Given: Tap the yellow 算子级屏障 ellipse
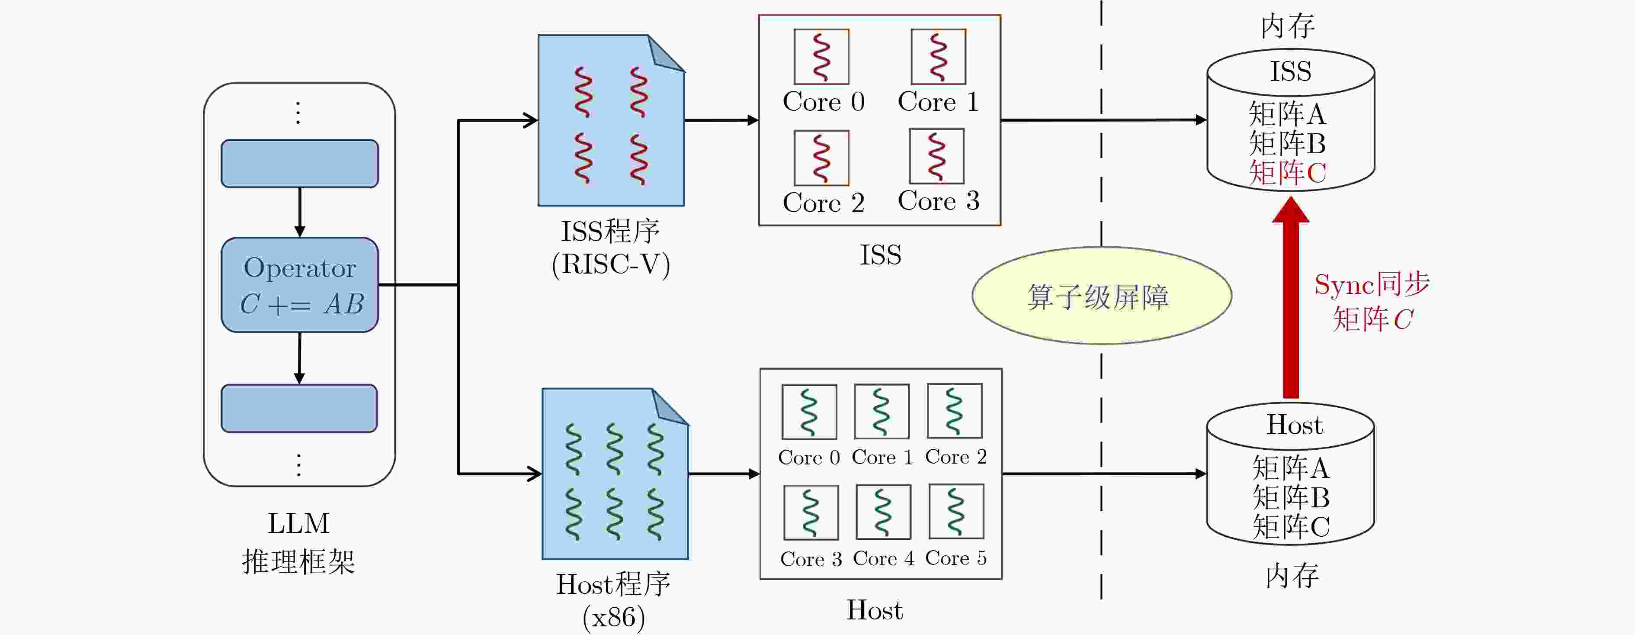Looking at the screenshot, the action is click(1102, 296).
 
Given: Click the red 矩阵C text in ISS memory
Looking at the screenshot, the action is click(1287, 173).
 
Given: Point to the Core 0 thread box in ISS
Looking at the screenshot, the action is click(821, 57).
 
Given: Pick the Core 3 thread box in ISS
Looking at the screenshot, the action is click(937, 156).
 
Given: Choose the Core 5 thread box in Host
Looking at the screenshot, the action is click(956, 512).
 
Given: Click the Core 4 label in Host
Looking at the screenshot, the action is click(884, 559).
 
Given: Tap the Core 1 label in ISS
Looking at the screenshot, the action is click(938, 102).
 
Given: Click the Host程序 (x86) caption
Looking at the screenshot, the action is click(613, 600).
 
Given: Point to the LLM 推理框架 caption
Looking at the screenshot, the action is click(298, 543).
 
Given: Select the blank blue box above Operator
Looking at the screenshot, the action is click(300, 164).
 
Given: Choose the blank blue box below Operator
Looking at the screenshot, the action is click(299, 408).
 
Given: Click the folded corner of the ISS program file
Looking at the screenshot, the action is click(667, 53).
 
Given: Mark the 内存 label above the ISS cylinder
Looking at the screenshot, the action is click(1288, 26).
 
